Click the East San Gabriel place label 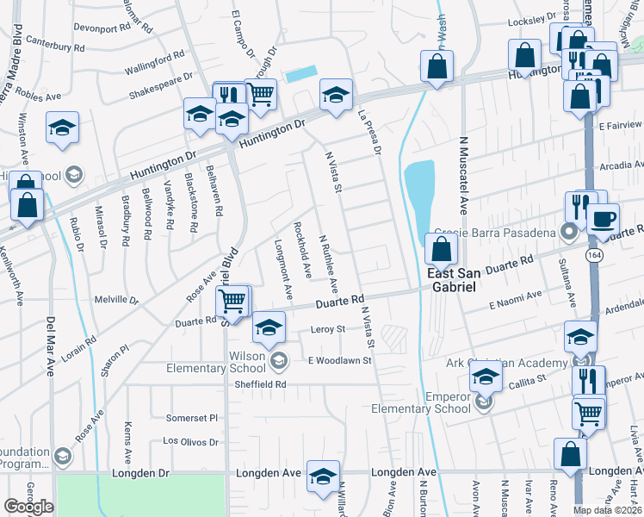click(x=463, y=280)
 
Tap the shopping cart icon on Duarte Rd click(x=232, y=302)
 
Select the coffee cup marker click(x=604, y=219)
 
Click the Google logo click(x=28, y=507)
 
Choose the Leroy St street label click(x=327, y=329)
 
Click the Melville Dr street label click(x=116, y=301)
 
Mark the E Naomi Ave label click(x=516, y=298)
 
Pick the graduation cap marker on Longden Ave click(x=324, y=476)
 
